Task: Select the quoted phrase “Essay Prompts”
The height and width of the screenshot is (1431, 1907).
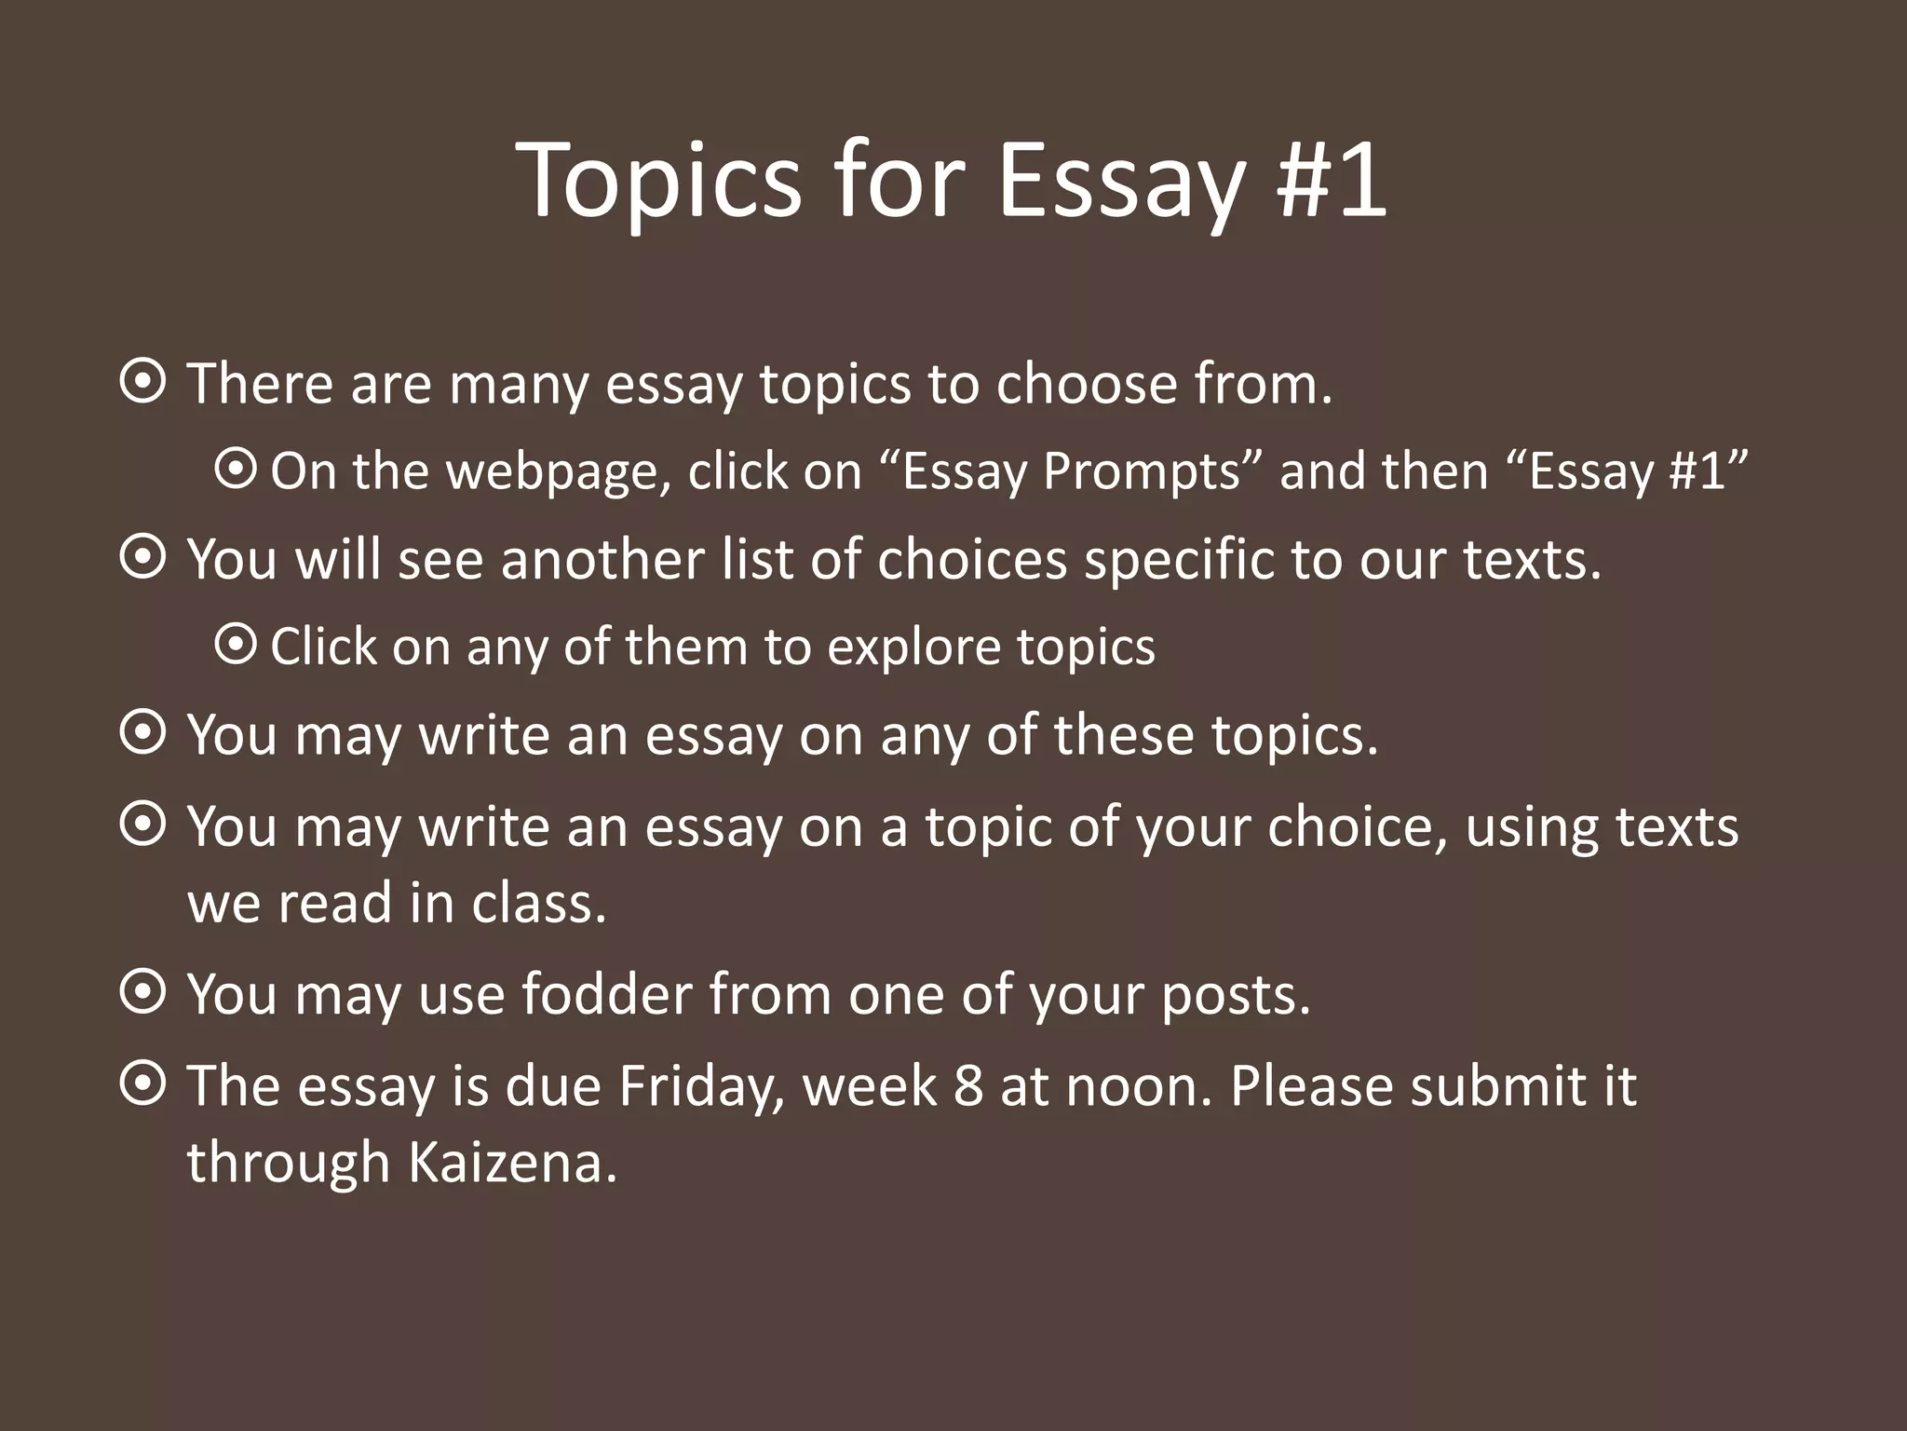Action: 1071,471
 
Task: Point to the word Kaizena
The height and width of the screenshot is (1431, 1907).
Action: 513,1162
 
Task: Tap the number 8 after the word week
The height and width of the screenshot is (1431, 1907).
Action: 968,1085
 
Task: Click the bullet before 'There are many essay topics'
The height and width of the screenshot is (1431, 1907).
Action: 143,382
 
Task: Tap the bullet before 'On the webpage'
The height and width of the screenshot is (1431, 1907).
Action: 235,470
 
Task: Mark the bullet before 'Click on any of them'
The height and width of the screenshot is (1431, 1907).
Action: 235,645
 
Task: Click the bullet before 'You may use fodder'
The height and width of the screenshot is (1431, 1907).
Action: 143,993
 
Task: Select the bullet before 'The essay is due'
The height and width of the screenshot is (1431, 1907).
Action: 143,1084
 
